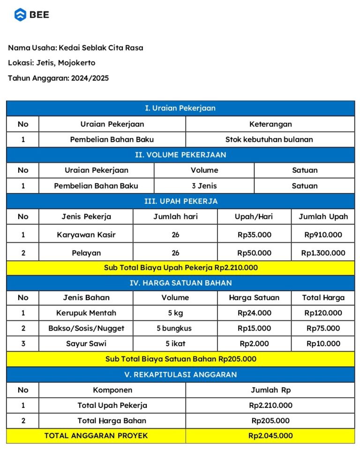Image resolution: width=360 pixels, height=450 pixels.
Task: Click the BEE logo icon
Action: (20, 15)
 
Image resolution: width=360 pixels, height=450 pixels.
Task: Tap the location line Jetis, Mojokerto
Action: (66, 63)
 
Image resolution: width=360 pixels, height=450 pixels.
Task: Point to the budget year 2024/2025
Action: (90, 78)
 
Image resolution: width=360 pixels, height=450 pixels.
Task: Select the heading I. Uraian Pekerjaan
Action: (180, 108)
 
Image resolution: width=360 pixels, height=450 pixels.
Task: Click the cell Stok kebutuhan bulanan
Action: (269, 140)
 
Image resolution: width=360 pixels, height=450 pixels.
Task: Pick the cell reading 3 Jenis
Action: (204, 186)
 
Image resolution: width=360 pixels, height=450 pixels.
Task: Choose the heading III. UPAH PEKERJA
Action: (180, 201)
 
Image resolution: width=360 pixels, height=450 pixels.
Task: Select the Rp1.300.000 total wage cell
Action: (323, 253)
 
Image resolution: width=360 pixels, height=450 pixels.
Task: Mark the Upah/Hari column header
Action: (254, 217)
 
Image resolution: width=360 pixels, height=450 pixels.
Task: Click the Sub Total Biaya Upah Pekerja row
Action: (180, 268)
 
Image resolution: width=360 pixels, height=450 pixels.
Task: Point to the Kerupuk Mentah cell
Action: (86, 313)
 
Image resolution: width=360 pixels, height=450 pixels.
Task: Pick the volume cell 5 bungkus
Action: (175, 328)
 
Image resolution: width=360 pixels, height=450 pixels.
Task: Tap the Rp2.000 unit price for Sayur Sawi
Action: (254, 344)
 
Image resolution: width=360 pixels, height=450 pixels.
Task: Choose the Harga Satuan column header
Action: (254, 298)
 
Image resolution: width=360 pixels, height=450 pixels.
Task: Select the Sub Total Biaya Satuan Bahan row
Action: (180, 359)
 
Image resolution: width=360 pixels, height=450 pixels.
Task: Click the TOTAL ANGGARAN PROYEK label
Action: (96, 436)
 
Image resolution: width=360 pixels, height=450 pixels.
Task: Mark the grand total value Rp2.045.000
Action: (270, 436)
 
